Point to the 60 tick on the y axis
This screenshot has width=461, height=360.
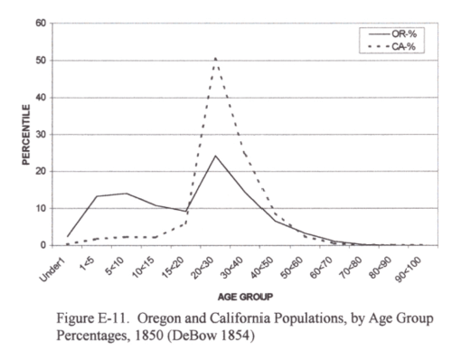pyautogui.click(x=41, y=24)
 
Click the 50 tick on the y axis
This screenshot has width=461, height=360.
pyautogui.click(x=41, y=61)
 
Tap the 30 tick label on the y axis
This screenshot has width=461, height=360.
pyautogui.click(x=41, y=134)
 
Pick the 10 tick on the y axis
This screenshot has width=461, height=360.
pyautogui.click(x=41, y=208)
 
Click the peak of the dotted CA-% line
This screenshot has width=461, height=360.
pyautogui.click(x=215, y=58)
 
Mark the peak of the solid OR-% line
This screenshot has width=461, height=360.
pyautogui.click(x=215, y=156)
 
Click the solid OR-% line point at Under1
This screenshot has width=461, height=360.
pyautogui.click(x=69, y=236)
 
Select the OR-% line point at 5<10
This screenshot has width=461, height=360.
pyautogui.click(x=127, y=194)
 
